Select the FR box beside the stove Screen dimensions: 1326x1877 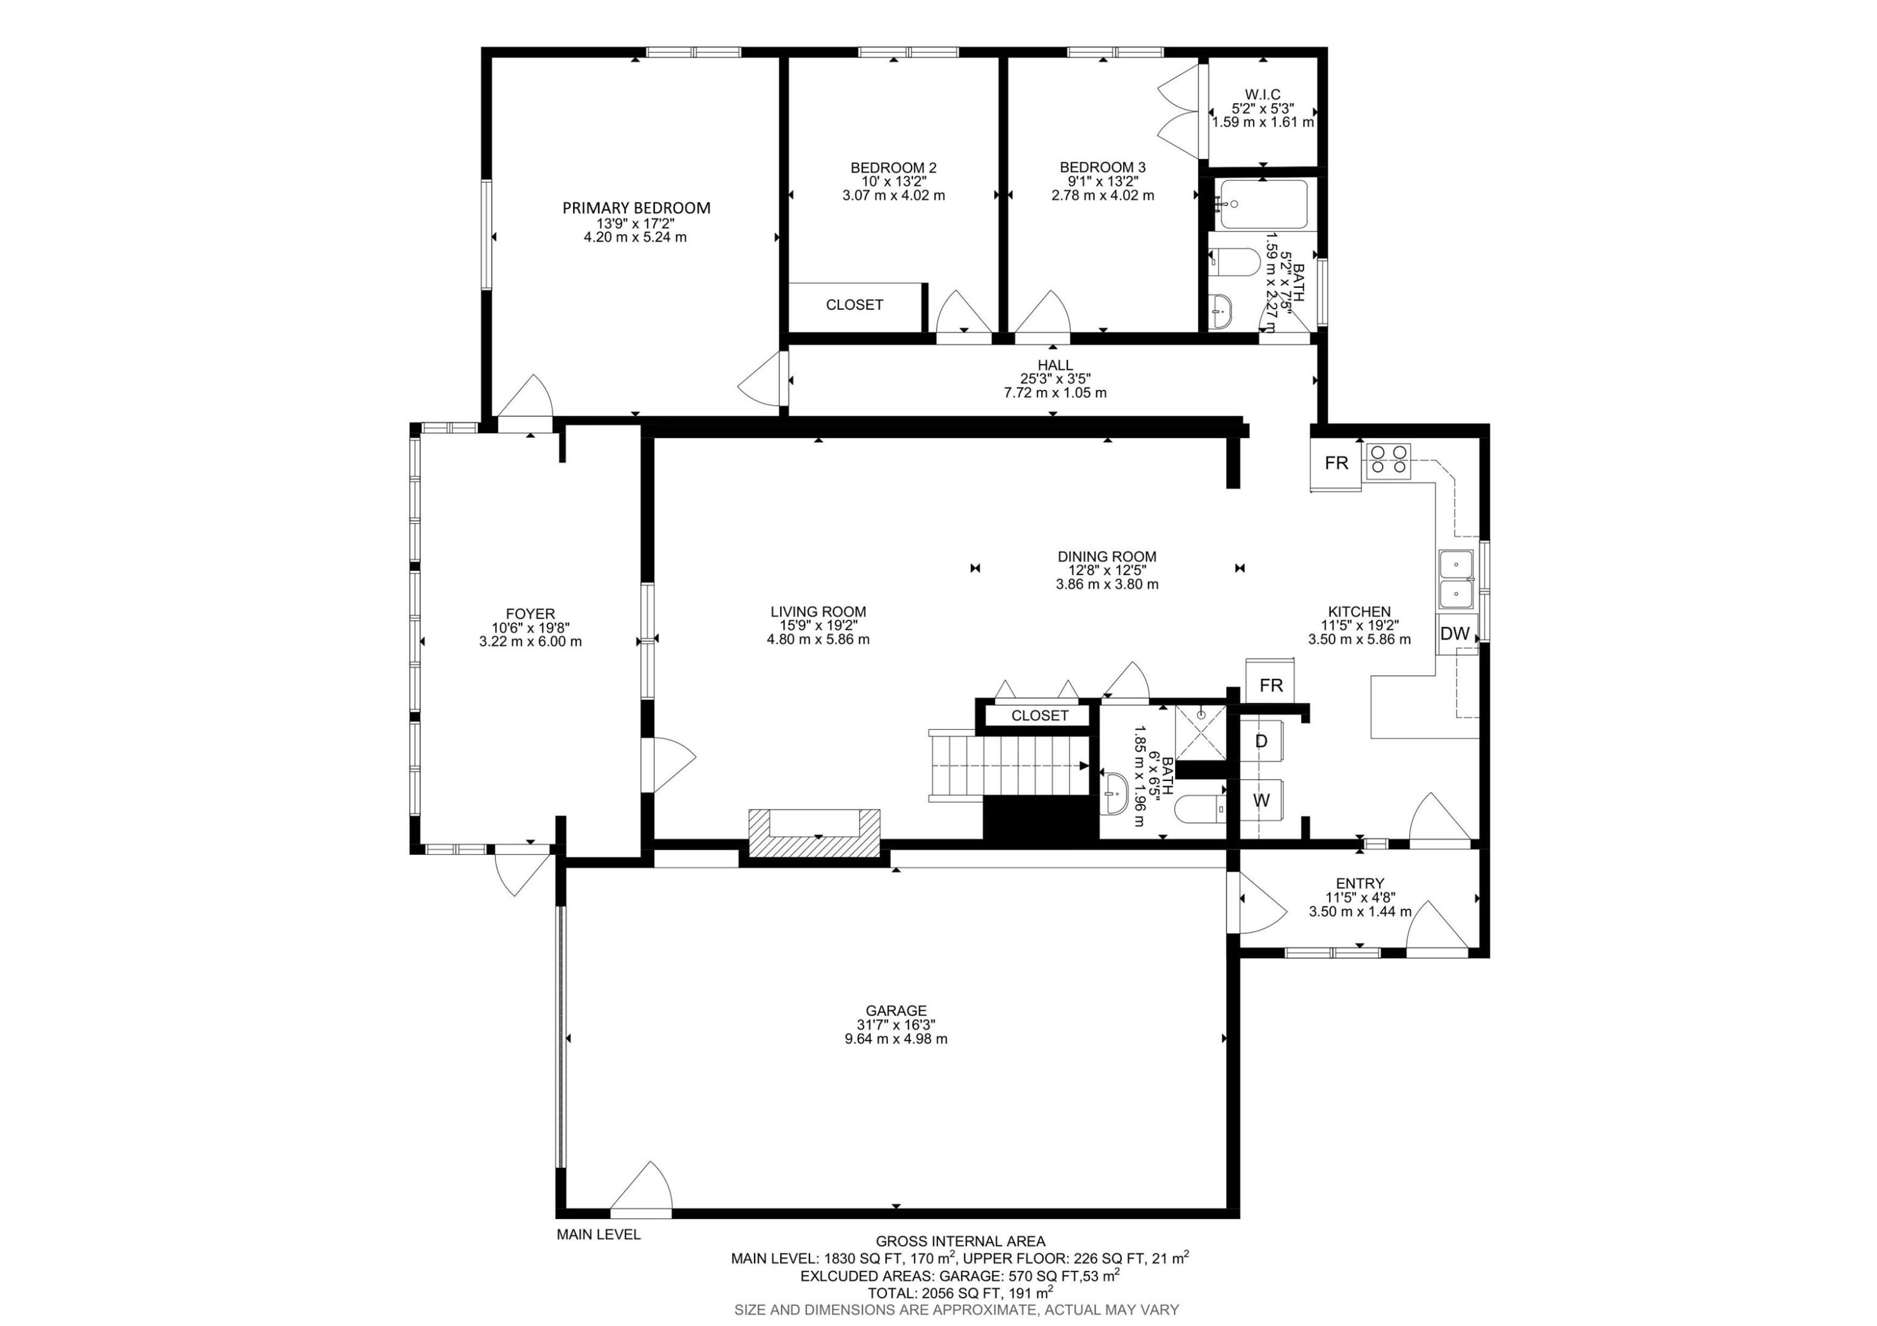[1336, 464]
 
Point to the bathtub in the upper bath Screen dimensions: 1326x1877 [1263, 205]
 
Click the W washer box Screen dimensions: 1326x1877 [1261, 801]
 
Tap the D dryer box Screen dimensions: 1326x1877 [1261, 742]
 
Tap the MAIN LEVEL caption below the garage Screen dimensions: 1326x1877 [598, 1235]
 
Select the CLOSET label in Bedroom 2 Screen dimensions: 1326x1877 [854, 305]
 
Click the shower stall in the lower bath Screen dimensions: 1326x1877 [1201, 730]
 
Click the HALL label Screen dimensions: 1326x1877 [1055, 365]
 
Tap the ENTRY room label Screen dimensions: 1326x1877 [1360, 883]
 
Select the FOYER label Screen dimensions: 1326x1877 [530, 614]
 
